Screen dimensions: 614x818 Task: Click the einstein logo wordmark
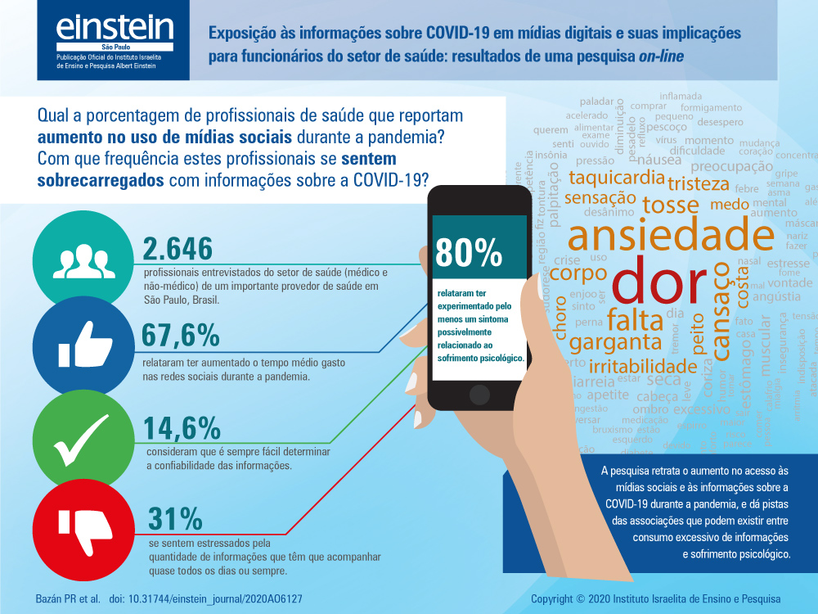115,30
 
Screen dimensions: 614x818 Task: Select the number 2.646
178,249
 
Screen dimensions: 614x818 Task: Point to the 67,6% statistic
181,336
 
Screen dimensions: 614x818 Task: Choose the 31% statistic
175,518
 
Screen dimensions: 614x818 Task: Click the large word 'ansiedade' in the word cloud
671,234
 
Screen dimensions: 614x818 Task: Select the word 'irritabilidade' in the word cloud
643,365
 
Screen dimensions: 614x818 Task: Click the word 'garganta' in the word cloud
615,341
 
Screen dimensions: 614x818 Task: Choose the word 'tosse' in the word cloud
670,204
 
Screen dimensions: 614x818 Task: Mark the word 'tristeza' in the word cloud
695,182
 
